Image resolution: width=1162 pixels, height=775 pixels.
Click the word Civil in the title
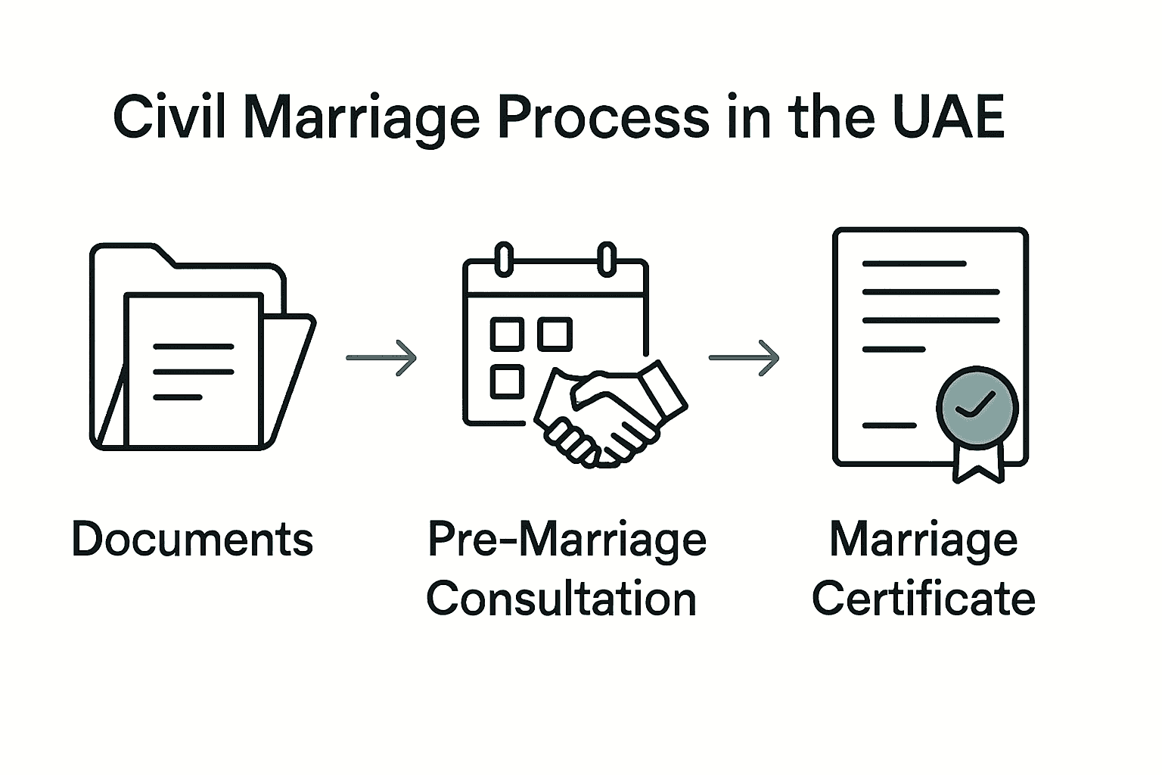(x=169, y=118)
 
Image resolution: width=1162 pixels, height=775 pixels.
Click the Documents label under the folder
(x=192, y=539)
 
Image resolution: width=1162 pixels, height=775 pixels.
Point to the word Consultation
(x=561, y=599)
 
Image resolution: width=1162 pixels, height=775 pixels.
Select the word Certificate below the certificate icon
(x=923, y=599)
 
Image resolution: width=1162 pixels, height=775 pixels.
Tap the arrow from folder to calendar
(x=381, y=357)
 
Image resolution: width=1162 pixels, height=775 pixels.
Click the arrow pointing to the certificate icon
(x=744, y=357)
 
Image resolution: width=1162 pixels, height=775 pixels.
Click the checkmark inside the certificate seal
(x=975, y=406)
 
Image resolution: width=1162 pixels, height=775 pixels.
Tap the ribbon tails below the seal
(x=979, y=461)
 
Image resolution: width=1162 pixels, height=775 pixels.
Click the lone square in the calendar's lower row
(x=507, y=381)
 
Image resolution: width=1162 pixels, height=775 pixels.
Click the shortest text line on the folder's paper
(x=178, y=397)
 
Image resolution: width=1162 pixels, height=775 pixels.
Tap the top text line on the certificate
(x=914, y=263)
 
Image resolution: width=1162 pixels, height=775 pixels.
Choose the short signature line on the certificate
(x=890, y=425)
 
